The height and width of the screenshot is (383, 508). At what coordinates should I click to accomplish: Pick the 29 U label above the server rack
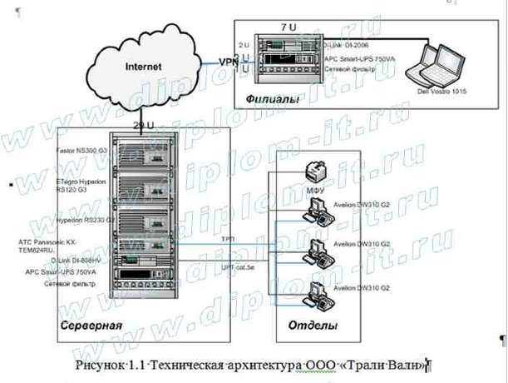point(142,126)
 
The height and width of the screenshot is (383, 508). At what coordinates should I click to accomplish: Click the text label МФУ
point(315,190)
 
